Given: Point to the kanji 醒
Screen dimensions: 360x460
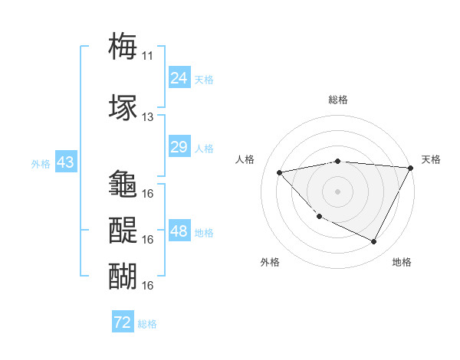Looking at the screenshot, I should pyautogui.click(x=123, y=229).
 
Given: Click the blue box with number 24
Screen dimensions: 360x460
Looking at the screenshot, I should pyautogui.click(x=179, y=78).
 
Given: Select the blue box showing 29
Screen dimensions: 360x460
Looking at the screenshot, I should pyautogui.click(x=179, y=147).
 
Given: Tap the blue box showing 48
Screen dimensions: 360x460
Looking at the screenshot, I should pyautogui.click(x=179, y=232).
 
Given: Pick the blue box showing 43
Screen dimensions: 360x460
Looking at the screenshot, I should pyautogui.click(x=65, y=163).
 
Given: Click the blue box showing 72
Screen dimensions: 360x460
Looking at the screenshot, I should pyautogui.click(x=123, y=323).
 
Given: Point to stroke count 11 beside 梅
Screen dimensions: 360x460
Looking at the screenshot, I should pyautogui.click(x=147, y=55).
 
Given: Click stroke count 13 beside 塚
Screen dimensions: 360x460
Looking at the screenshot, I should pyautogui.click(x=147, y=117).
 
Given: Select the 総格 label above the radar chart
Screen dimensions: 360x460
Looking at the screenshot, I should pyautogui.click(x=337, y=100).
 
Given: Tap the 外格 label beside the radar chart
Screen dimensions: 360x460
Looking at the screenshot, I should pyautogui.click(x=270, y=262).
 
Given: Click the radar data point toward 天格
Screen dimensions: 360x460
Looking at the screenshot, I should pyautogui.click(x=411, y=168).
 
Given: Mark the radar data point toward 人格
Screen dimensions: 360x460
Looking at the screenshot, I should pyautogui.click(x=279, y=172).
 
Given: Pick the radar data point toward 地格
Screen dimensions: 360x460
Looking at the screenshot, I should pyautogui.click(x=373, y=241).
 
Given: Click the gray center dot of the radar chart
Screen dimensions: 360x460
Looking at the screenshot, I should pyautogui.click(x=337, y=191).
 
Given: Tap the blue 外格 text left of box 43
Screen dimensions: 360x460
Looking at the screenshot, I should pyautogui.click(x=41, y=164).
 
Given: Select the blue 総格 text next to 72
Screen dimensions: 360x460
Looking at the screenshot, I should pyautogui.click(x=147, y=324).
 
